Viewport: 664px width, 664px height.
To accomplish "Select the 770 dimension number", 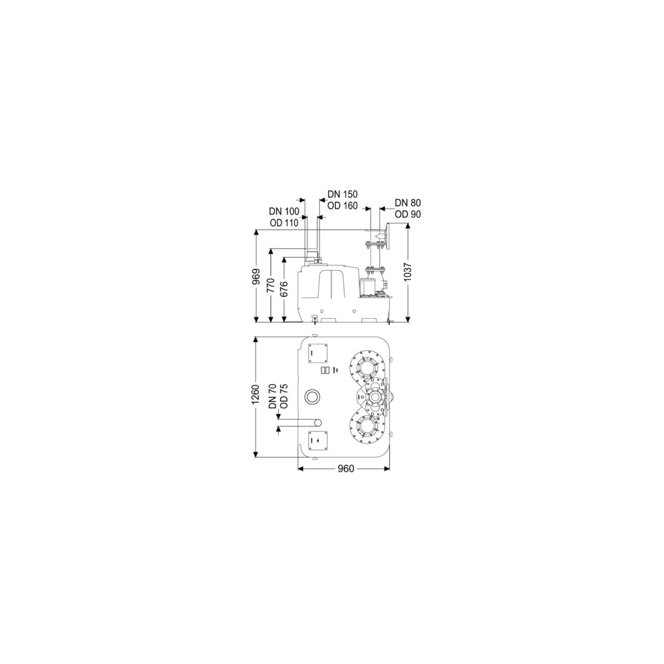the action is pyautogui.click(x=272, y=286).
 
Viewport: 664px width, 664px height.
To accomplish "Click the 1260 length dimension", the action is pyautogui.click(x=256, y=394).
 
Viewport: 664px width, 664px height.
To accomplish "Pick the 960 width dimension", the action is pyautogui.click(x=346, y=469).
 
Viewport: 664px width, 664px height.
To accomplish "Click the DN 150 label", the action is pyautogui.click(x=343, y=195).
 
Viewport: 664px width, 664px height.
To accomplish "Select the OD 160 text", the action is pyautogui.click(x=343, y=206).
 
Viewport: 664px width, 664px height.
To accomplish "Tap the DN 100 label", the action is pyautogui.click(x=284, y=211).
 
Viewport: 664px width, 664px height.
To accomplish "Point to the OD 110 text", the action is pyautogui.click(x=284, y=222).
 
